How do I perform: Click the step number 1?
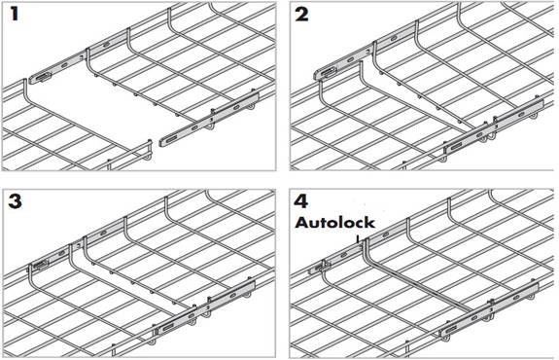[15, 14]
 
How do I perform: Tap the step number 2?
[301, 15]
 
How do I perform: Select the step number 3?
[15, 201]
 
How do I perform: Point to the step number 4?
[301, 201]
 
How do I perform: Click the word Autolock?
[334, 223]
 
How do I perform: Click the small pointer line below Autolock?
[358, 238]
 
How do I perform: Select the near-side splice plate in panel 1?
[209, 119]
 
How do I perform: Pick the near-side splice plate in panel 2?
[494, 126]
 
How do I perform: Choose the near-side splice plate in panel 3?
[205, 307]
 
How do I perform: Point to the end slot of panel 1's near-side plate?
[171, 139]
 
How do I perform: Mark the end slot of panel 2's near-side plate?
[457, 146]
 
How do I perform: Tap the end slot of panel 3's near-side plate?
[168, 327]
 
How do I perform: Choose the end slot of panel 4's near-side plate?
[452, 329]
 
